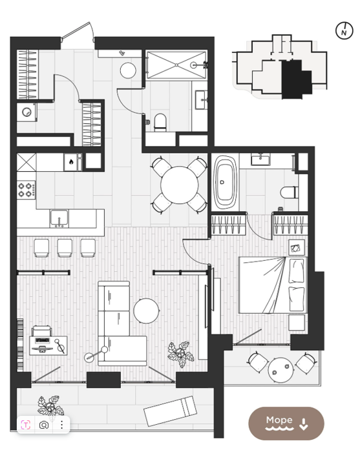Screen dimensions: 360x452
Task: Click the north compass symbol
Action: pos(344,30)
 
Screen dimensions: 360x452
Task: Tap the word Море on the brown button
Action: pos(279,420)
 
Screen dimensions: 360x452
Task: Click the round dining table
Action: pos(180,185)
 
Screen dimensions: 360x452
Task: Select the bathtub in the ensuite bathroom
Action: pos(226,183)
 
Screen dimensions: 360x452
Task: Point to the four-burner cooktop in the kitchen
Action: pos(26,190)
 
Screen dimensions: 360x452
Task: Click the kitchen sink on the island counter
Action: pos(59,219)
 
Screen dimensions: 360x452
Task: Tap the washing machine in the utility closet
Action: pos(26,112)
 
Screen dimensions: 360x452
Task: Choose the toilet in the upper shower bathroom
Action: pos(160,122)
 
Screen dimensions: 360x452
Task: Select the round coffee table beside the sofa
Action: pos(146,311)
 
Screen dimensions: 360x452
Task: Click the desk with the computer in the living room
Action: pos(48,345)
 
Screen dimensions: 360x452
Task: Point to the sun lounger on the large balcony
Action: pos(171,411)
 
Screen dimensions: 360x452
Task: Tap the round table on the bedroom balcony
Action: pos(281,370)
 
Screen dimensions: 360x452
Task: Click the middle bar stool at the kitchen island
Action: pos(65,248)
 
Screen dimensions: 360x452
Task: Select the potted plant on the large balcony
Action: pos(50,407)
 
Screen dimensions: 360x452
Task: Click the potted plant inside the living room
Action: pos(181,354)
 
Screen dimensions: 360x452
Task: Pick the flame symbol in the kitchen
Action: pos(70,161)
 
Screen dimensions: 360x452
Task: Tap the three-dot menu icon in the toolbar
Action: pos(61,425)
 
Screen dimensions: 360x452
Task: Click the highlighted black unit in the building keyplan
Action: pos(295,79)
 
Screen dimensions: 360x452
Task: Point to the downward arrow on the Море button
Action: pos(304,424)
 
